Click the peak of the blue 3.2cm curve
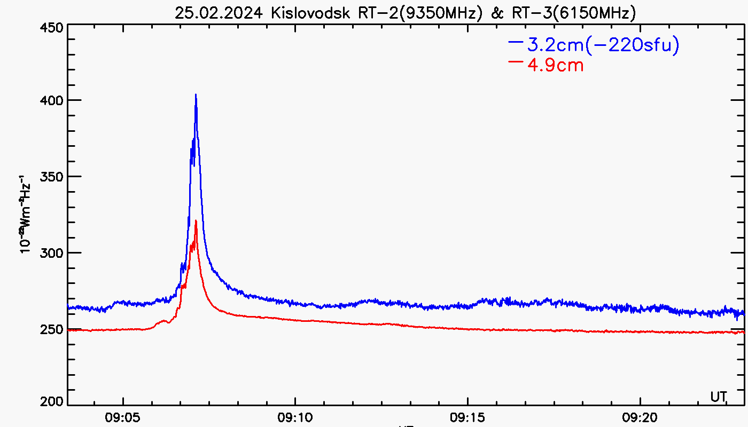click(196, 95)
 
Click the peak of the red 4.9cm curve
click(196, 221)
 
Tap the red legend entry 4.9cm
click(555, 66)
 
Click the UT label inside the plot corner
click(719, 397)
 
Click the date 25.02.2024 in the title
click(220, 13)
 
